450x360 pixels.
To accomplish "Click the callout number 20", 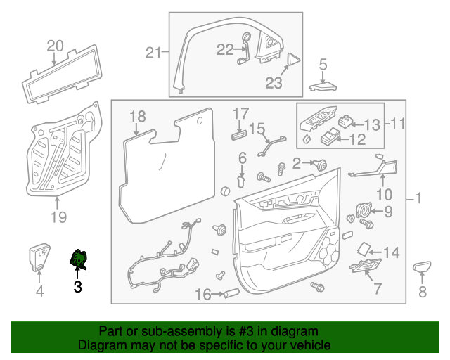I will pos(55,46).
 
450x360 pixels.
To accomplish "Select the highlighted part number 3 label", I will pos(77,286).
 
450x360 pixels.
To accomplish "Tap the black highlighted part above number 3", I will pos(79,261).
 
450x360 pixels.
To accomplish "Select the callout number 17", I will pos(240,112).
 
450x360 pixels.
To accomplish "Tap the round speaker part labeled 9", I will pos(365,210).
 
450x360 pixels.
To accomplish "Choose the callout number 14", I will pos(391,252).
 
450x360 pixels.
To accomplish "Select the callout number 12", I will pos(358,139).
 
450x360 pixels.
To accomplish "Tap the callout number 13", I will pos(371,124).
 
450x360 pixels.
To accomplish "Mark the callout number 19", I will pos(58,217).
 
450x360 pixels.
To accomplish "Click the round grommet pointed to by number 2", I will pos(323,164).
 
